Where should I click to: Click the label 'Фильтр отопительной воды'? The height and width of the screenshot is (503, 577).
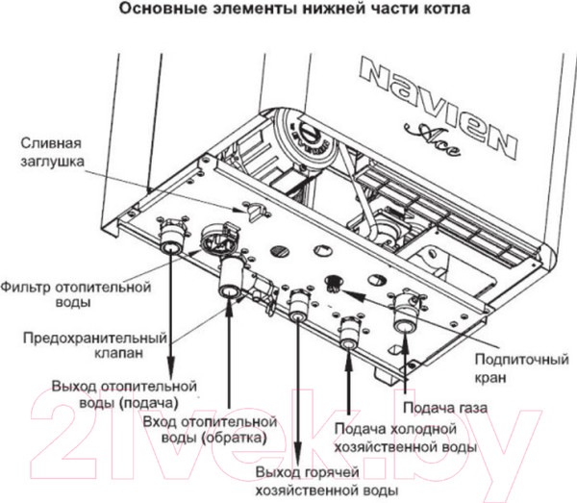[x=77, y=294]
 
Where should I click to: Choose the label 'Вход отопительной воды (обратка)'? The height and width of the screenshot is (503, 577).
[x=209, y=430]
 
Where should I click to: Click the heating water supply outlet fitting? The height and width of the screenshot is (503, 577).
[x=171, y=237]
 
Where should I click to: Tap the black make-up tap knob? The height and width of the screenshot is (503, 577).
[x=336, y=281]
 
